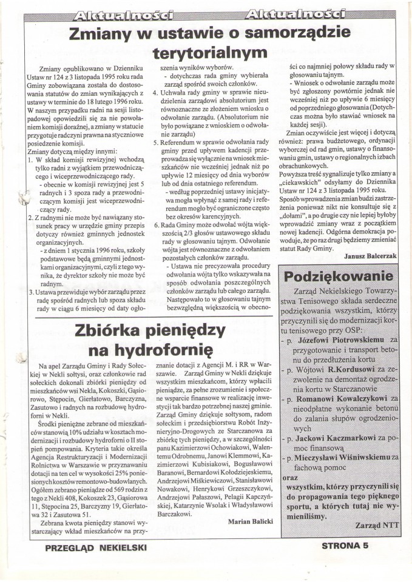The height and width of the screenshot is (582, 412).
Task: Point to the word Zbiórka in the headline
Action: [x=110, y=331]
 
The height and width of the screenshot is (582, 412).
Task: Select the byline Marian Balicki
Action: [x=249, y=521]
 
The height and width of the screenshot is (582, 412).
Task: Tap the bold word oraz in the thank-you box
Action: [x=290, y=477]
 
